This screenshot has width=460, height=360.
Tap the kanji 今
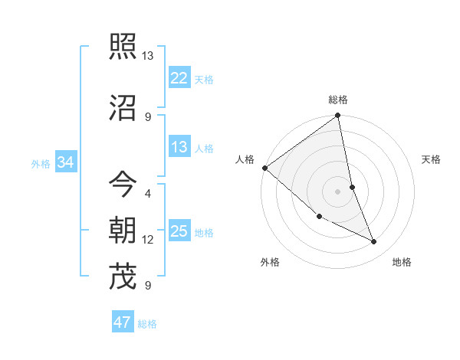point(123,184)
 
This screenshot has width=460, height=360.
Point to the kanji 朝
point(123,230)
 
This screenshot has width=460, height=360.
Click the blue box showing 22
point(179,78)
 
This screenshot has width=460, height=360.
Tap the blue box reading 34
point(66,162)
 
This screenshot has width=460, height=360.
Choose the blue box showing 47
point(123,322)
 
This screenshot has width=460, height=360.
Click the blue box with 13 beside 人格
point(179,148)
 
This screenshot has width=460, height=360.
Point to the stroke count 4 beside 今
point(148,193)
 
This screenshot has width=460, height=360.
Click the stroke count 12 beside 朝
point(148,240)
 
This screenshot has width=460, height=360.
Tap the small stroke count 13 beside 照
point(148,56)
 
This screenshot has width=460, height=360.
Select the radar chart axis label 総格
point(338,100)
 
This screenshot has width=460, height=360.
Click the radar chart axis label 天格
point(431,159)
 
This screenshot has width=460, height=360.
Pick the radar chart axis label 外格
point(270,262)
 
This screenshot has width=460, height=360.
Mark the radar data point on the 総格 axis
point(338,116)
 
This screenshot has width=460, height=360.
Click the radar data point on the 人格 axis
point(264,168)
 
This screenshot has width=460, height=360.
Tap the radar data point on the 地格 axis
point(374,242)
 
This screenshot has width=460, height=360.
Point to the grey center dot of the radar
point(338,191)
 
